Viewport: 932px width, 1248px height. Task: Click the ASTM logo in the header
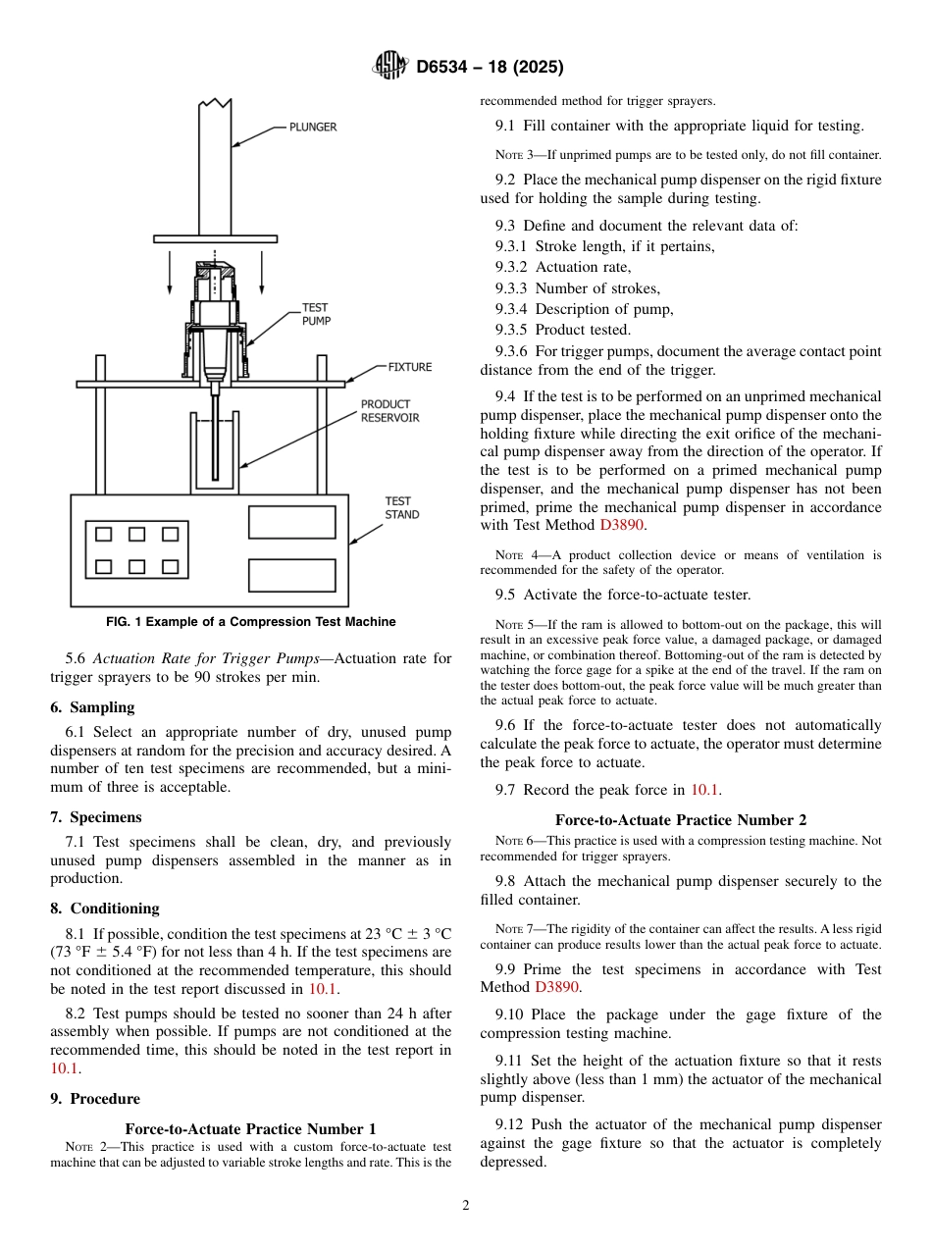[x=391, y=67]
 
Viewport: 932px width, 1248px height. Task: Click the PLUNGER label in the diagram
[x=312, y=127]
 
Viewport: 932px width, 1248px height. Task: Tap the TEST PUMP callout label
[x=315, y=314]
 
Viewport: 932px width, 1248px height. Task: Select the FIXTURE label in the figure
[x=409, y=367]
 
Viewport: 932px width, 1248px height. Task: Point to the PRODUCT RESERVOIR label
[x=389, y=411]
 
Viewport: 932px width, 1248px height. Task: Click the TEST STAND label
[x=401, y=508]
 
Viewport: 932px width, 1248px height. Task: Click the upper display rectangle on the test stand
[x=291, y=522]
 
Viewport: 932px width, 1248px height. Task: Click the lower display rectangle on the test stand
[x=291, y=575]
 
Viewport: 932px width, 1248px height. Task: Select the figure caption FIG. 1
[x=250, y=622]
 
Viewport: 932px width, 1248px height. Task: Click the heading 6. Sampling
[x=92, y=707]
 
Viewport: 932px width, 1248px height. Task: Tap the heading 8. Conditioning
[x=104, y=909]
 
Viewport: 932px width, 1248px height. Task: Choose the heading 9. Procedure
[x=94, y=1099]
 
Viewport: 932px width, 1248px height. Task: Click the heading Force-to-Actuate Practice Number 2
[x=680, y=820]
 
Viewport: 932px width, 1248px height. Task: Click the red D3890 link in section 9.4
[x=622, y=525]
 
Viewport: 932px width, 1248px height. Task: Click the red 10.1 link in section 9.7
[x=705, y=790]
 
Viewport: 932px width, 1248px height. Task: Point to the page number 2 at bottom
[x=466, y=1206]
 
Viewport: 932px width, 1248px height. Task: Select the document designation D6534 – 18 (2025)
[x=490, y=68]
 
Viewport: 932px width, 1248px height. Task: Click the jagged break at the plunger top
[x=216, y=102]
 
